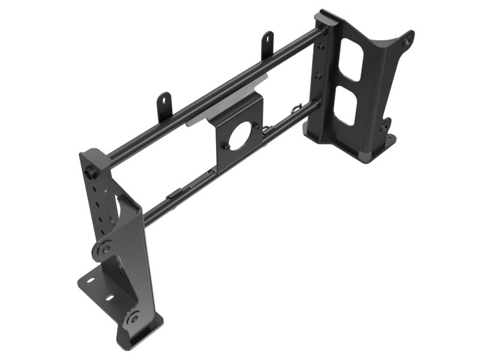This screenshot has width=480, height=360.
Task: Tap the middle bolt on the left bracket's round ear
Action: [105, 248]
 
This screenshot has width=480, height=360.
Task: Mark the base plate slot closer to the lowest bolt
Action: [110, 298]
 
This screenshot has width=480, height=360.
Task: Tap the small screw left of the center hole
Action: [227, 145]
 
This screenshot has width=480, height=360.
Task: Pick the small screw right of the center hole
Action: [262, 128]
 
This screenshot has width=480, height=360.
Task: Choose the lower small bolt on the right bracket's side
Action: [318, 76]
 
